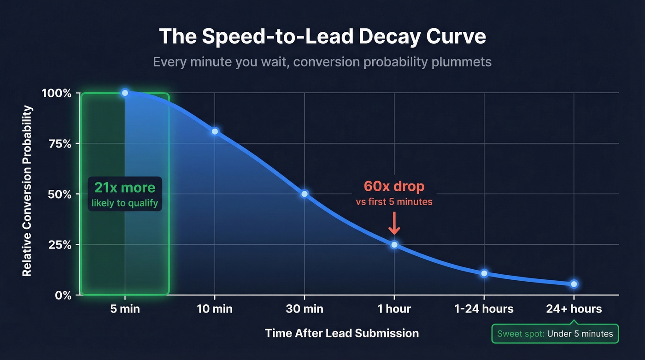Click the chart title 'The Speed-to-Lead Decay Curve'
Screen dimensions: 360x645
[322, 36]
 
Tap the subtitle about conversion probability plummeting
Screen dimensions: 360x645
[322, 62]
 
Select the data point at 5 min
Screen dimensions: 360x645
[125, 93]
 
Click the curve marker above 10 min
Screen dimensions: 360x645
[215, 131]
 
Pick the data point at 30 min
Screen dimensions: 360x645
[305, 194]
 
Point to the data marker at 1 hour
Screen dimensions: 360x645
[394, 244]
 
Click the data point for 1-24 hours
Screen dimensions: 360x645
[484, 273]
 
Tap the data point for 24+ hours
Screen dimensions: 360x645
[574, 284]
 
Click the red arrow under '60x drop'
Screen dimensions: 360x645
[394, 224]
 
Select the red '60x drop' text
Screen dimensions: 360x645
[394, 187]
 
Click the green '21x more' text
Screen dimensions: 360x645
[125, 188]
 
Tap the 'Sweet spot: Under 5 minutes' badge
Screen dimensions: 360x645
[555, 334]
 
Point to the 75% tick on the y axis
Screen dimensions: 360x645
[61, 144]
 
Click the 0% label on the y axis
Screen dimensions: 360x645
[63, 295]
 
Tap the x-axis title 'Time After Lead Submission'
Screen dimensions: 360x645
[342, 333]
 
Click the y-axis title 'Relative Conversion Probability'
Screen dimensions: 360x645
[28, 191]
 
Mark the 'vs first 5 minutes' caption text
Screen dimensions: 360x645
[394, 202]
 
